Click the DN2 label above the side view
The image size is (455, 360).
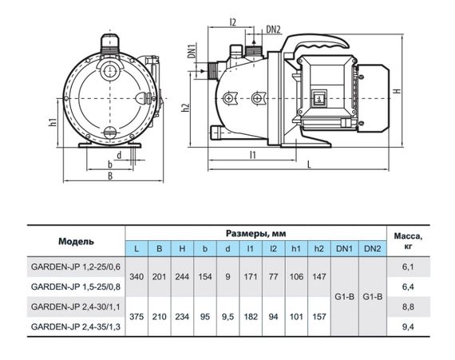273,30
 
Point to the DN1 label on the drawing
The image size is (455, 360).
192,51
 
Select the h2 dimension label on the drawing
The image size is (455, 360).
185,108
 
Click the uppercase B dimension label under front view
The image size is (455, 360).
110,176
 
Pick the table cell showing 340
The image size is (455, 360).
136,277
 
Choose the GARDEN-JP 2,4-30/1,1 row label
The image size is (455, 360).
76,307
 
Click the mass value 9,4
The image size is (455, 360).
408,327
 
